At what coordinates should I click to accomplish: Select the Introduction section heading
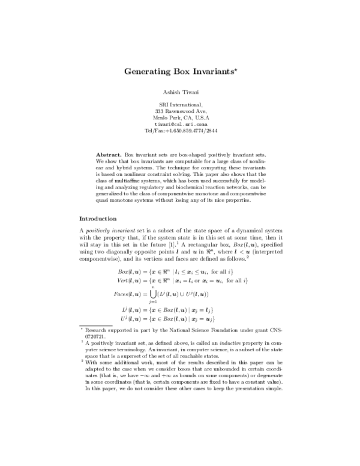pos(102,218)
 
